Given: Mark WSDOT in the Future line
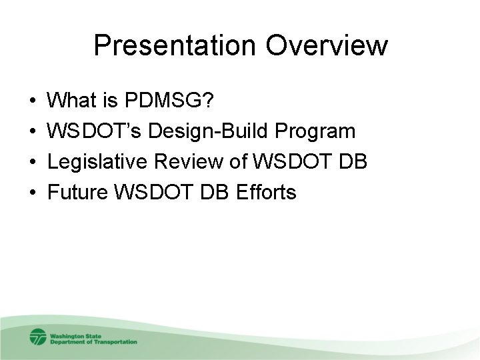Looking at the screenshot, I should click(x=150, y=193).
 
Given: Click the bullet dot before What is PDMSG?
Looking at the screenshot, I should click(x=33, y=102).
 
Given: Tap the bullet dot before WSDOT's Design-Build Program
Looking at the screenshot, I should click(x=33, y=133).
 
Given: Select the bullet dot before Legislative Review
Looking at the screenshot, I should click(x=33, y=163).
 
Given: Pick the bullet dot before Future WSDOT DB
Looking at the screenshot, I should click(x=33, y=194).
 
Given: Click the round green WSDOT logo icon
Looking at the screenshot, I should click(x=38, y=337).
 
